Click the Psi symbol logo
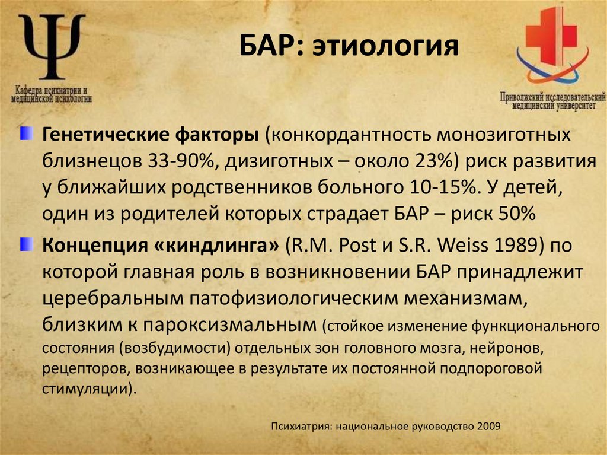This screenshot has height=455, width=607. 52,47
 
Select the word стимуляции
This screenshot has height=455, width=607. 85,389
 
